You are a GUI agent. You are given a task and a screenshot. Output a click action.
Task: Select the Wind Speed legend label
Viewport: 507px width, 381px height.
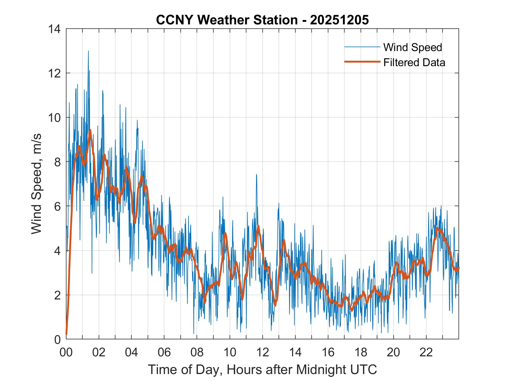tap(413, 47)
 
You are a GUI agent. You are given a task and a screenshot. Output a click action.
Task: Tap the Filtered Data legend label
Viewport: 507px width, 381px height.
tap(414, 62)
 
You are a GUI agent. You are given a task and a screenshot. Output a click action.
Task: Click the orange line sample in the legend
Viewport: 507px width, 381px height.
tap(362, 62)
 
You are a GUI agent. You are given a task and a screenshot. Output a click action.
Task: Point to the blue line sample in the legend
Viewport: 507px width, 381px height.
tap(362, 47)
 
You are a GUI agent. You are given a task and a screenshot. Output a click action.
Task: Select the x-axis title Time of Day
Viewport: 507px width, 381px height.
tap(262, 369)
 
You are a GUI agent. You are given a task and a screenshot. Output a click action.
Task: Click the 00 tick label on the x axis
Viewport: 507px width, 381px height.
tap(66, 352)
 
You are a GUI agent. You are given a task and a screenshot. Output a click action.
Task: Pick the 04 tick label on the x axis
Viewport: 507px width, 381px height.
tap(132, 352)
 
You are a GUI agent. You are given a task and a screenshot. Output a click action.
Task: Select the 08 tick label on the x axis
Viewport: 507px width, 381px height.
tap(197, 352)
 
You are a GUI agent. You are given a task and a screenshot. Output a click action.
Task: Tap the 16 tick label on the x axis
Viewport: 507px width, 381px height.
tap(328, 352)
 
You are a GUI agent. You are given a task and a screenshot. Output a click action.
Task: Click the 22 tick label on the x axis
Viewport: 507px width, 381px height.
tap(426, 352)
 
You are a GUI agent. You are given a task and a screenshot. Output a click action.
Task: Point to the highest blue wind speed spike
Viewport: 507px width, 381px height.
tap(88, 51)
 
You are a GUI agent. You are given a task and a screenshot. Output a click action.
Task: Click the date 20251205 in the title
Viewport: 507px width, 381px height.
tap(339, 20)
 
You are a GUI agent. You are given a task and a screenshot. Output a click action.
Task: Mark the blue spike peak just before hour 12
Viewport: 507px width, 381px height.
tap(256, 175)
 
